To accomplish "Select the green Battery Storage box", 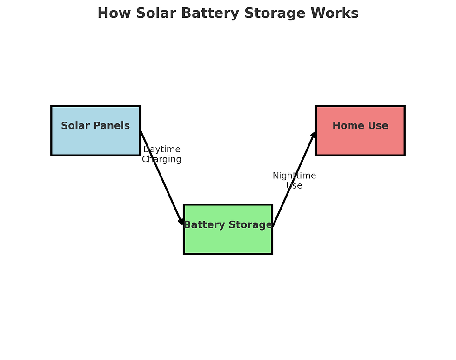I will tap(228, 240).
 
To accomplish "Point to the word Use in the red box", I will tap(377, 126).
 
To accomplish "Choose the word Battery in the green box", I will tap(203, 225).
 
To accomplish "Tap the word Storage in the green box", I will tap(249, 225).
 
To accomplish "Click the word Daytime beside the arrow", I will tap(162, 149).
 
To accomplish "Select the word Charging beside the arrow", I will tap(162, 159).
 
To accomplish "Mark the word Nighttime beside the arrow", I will tap(294, 176).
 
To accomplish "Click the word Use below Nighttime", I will tap(294, 186).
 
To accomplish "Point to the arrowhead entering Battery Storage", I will tap(182, 222).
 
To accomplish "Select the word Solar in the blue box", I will tap(75, 126).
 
